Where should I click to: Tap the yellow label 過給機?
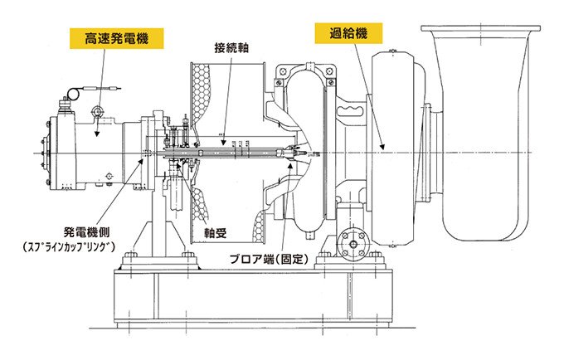click(340, 35)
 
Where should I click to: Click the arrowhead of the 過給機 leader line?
click(383, 148)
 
